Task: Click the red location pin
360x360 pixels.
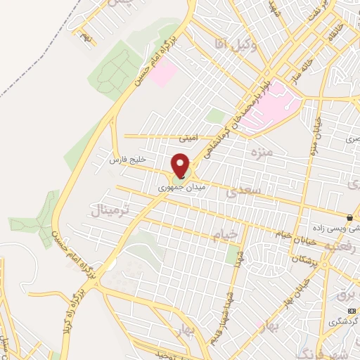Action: tap(181, 165)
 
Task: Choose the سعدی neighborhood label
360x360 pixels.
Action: tap(250, 190)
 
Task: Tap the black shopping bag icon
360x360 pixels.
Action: tap(349, 217)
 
